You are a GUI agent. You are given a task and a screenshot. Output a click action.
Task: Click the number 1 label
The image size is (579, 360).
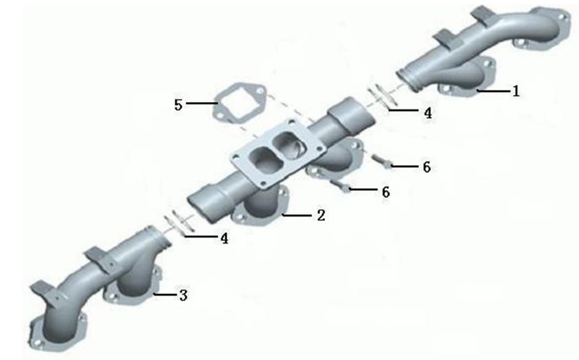[516, 91]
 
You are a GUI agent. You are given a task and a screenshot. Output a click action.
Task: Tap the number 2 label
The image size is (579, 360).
[321, 215]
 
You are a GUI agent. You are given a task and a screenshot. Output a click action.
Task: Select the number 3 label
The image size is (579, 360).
[183, 295]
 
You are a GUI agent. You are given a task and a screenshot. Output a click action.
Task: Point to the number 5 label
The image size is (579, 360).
[178, 104]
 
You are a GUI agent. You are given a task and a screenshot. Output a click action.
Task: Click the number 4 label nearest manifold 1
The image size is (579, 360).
[428, 113]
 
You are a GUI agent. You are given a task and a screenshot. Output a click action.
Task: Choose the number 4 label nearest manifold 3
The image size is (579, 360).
[224, 238]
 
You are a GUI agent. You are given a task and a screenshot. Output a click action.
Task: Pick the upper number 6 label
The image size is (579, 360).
[426, 167]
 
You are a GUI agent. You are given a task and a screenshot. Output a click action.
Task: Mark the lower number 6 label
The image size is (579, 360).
[386, 192]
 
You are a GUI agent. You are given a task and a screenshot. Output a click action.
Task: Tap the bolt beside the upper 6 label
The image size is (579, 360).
[381, 162]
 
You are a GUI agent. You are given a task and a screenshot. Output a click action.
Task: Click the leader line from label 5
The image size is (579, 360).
[201, 103]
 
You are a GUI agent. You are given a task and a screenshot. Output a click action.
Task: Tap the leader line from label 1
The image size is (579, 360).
[493, 91]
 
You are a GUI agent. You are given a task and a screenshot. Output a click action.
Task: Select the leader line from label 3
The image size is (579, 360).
[166, 295]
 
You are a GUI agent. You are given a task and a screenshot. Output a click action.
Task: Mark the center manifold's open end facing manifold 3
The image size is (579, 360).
[203, 208]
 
